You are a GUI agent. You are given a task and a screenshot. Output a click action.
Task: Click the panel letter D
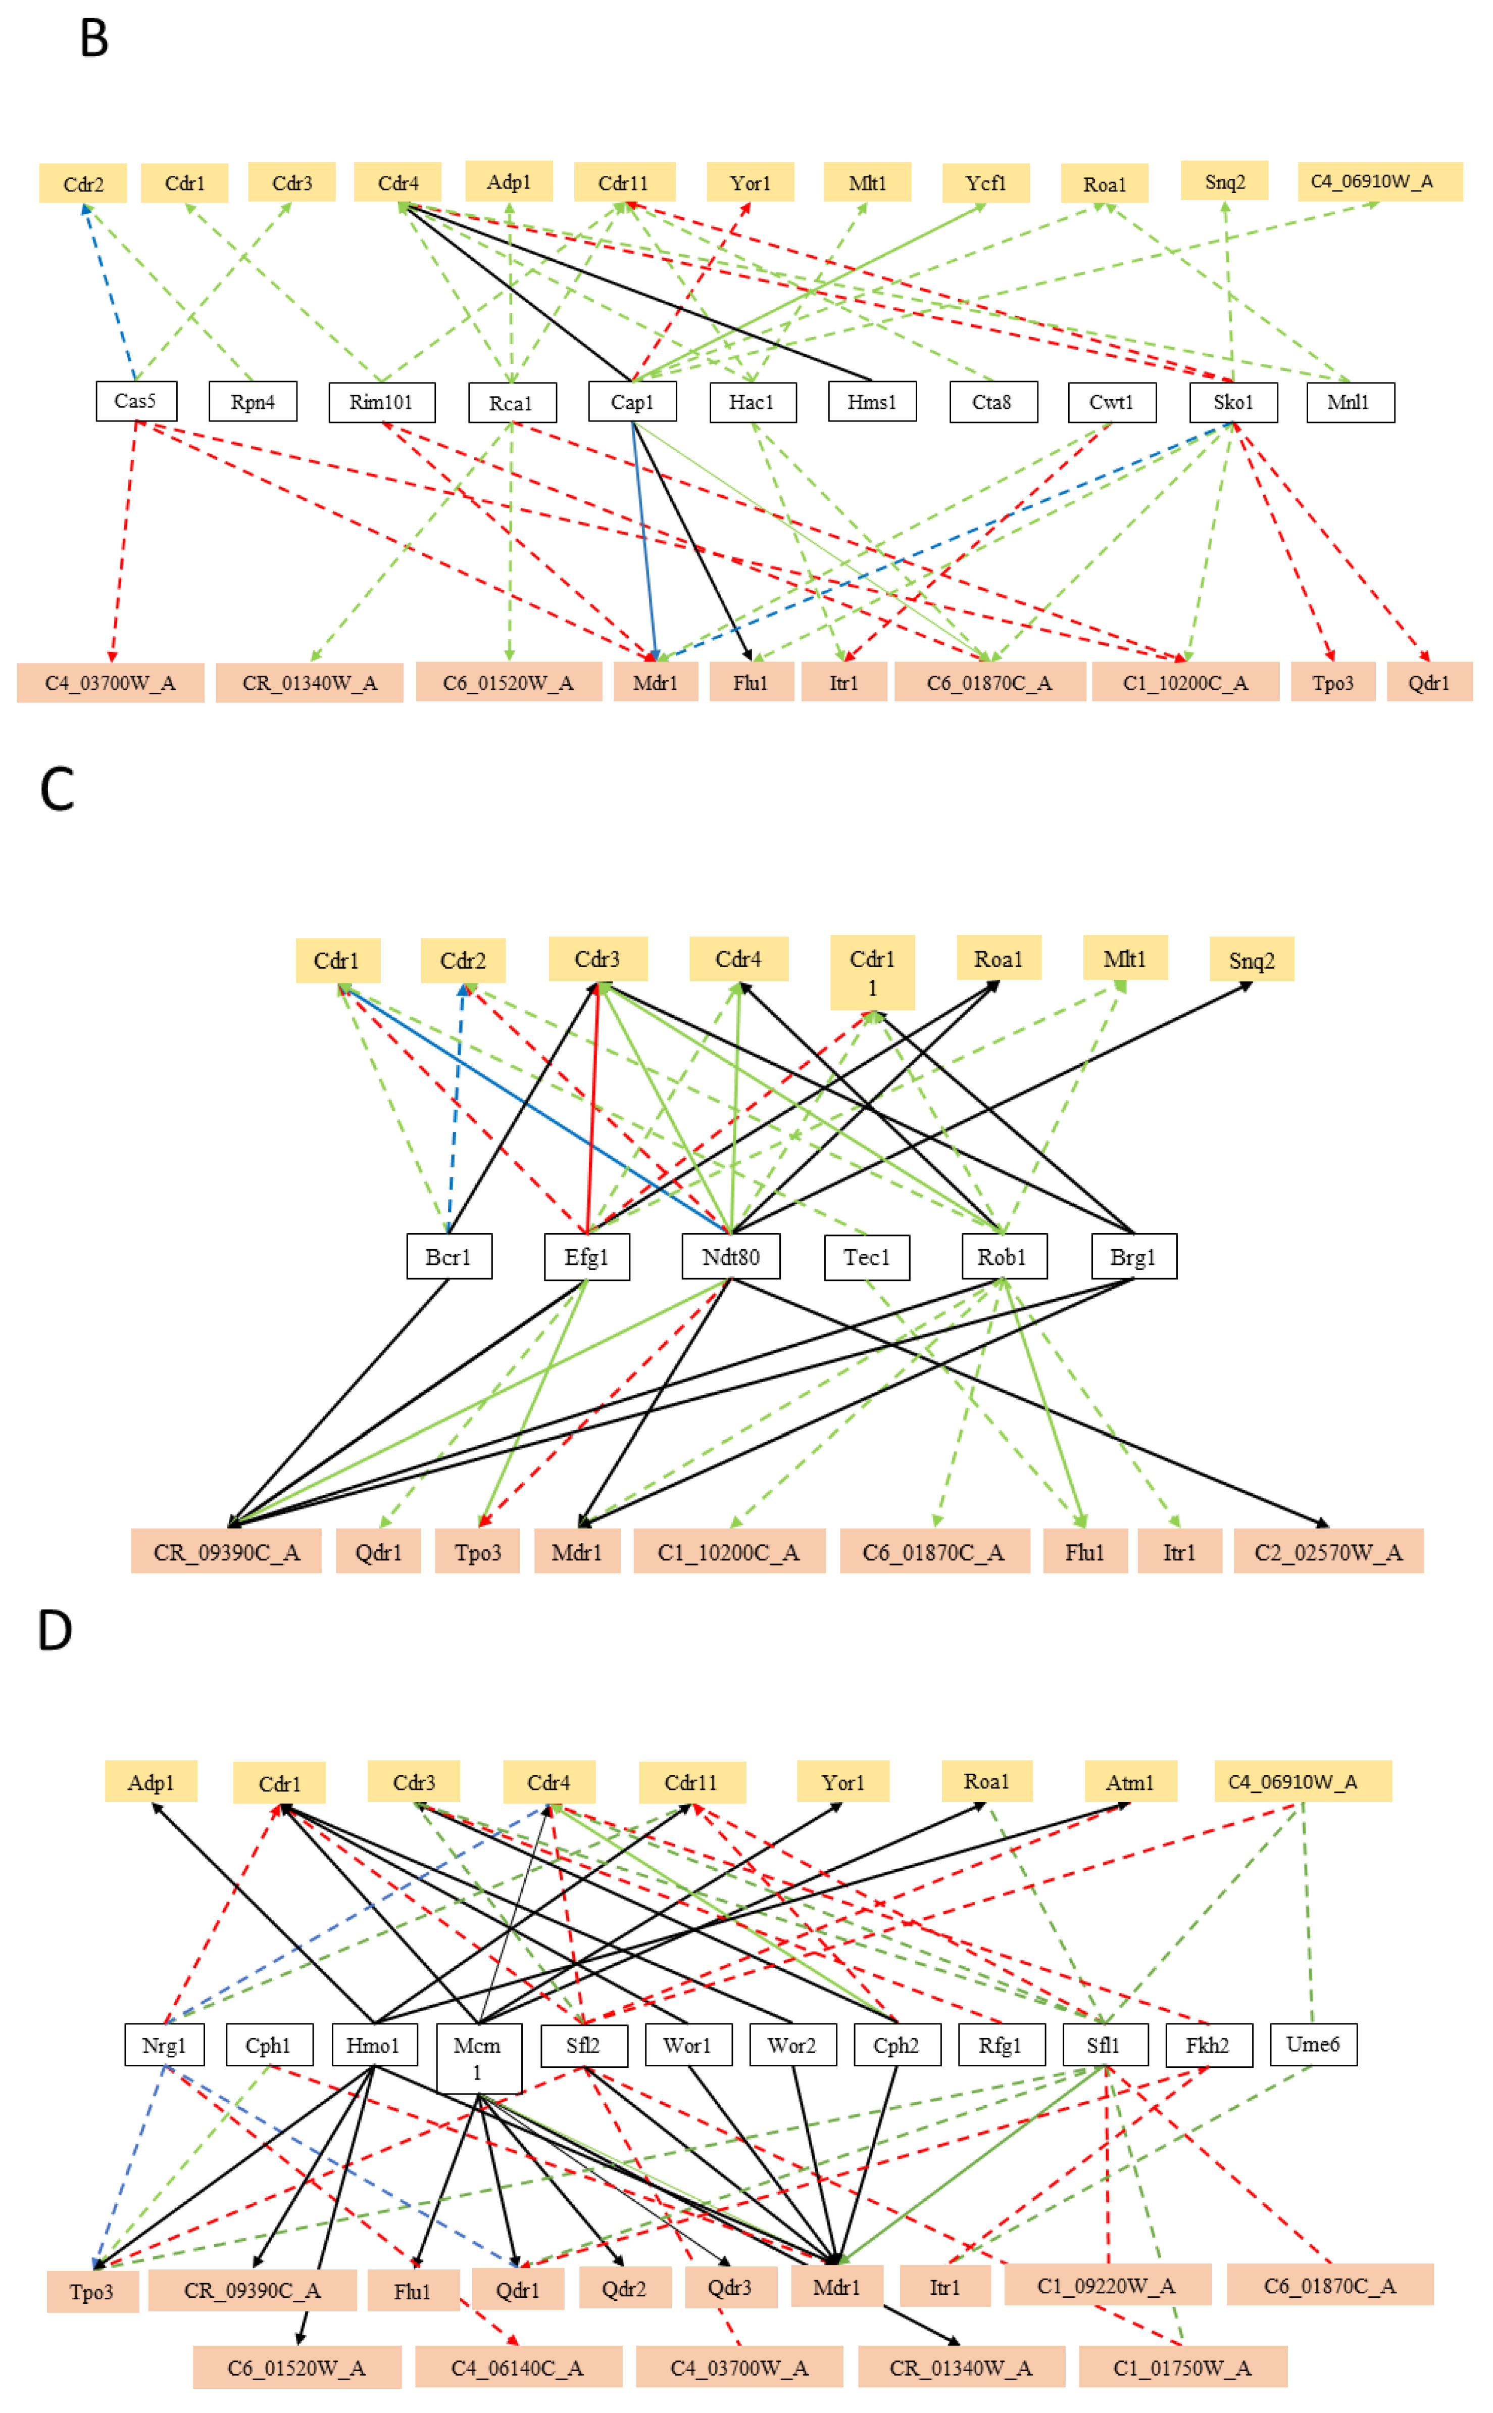(x=55, y=1630)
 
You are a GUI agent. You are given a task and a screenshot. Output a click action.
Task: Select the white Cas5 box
(x=136, y=401)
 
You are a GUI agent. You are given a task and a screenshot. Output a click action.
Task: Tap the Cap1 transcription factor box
(x=632, y=402)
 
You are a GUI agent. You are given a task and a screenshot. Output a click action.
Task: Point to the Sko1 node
(x=1232, y=402)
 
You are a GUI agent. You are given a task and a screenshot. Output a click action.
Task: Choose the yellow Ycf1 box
(x=985, y=183)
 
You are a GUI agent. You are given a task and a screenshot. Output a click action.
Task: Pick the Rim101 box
(x=381, y=402)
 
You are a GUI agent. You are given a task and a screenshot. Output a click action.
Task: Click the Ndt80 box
(x=731, y=1256)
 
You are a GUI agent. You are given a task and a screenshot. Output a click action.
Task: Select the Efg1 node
(x=586, y=1256)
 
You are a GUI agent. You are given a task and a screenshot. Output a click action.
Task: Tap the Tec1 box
(x=866, y=1256)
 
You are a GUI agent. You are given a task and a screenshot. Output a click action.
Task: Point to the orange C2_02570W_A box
(x=1328, y=1552)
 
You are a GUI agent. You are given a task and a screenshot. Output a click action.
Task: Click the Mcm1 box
(x=478, y=2056)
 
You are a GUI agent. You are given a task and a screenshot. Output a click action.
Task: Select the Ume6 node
(x=1312, y=2044)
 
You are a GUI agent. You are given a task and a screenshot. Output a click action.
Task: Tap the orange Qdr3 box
(x=730, y=2288)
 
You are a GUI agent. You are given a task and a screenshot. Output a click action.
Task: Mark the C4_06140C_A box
(x=517, y=2368)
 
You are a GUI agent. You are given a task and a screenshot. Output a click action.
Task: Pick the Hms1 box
(x=872, y=402)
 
